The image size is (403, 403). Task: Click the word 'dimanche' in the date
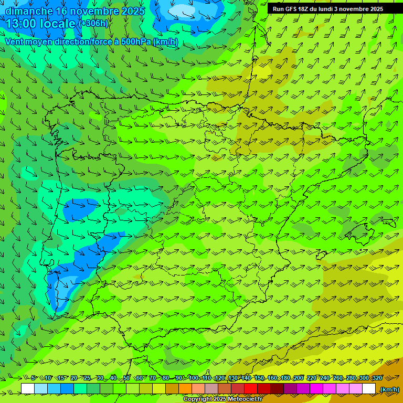(29, 11)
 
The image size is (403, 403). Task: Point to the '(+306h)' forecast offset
(93, 23)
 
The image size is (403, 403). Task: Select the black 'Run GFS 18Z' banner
(335, 8)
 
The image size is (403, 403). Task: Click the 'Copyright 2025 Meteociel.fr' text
(223, 399)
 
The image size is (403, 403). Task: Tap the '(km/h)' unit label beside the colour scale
(389, 389)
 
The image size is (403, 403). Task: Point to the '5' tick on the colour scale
(33, 378)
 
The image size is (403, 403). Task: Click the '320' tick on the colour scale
(377, 378)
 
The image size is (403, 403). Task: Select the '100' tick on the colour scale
(194, 378)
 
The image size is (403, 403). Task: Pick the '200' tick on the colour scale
(298, 378)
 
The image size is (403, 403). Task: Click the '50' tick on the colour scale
(126, 378)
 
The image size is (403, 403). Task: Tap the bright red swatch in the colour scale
(251, 388)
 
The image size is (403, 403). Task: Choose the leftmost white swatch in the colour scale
(28, 388)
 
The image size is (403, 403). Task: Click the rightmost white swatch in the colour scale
(369, 388)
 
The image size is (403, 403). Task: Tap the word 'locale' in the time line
(57, 23)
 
